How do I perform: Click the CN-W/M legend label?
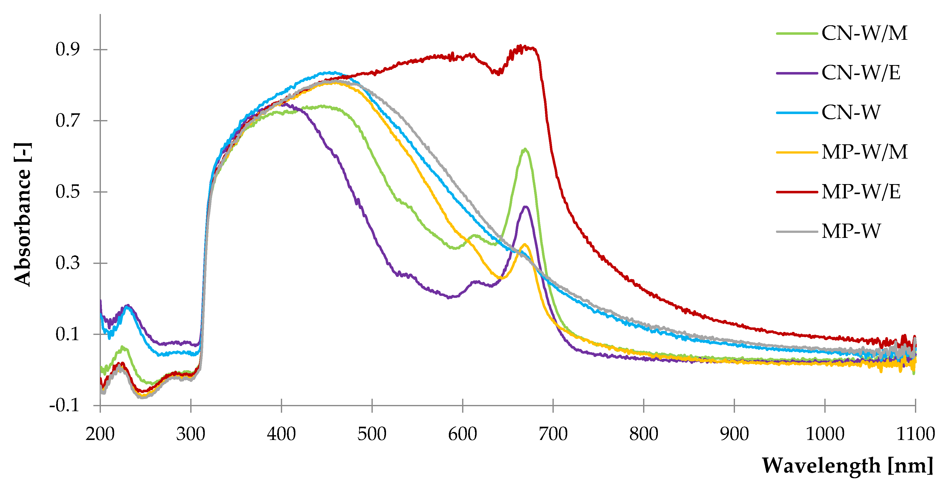pyautogui.click(x=864, y=33)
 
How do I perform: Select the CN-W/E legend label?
pyautogui.click(x=861, y=73)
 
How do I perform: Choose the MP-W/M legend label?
pyautogui.click(x=864, y=152)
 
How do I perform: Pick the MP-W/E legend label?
pyautogui.click(x=861, y=192)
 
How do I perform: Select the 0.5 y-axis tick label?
pyautogui.click(x=68, y=192)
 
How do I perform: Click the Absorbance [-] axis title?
pyautogui.click(x=23, y=214)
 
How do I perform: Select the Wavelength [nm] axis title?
pyautogui.click(x=847, y=466)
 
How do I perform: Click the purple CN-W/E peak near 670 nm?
pyautogui.click(x=526, y=207)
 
